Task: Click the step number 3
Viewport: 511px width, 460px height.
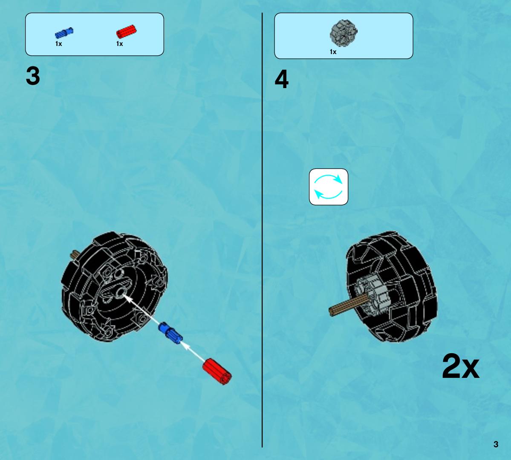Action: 33,76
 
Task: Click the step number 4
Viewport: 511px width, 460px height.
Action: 282,79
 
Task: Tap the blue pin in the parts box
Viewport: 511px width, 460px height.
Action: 64,33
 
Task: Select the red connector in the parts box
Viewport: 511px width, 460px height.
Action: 127,31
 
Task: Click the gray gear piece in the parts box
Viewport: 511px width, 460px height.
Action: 344,33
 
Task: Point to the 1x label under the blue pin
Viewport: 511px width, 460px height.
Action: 59,43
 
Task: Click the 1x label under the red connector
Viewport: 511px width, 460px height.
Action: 120,43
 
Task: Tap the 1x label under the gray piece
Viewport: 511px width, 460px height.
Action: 333,52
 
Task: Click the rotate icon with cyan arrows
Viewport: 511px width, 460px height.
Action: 329,187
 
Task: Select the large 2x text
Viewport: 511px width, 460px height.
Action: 460,366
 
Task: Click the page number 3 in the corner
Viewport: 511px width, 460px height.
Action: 496,444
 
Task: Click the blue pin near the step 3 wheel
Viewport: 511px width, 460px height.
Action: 170,333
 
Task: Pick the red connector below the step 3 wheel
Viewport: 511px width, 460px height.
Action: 217,371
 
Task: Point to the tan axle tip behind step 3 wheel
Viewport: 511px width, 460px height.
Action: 75,254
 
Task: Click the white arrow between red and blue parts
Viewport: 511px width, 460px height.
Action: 193,351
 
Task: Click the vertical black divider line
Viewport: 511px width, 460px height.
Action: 262,230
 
